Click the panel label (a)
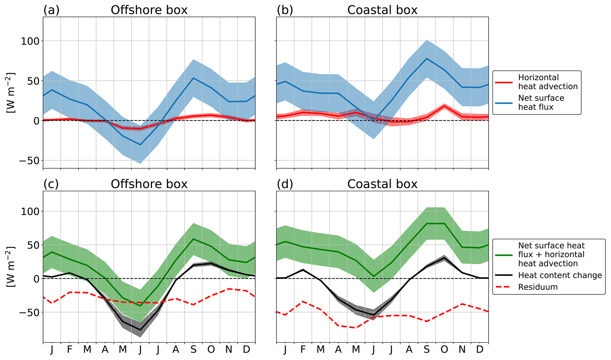[51, 10]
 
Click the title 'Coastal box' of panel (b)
[382, 10]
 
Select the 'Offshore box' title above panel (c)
[149, 184]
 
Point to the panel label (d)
[285, 184]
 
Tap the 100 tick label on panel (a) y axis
[30, 41]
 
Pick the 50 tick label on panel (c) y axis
[33, 245]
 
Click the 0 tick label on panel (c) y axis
[36, 279]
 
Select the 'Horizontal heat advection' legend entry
[548, 82]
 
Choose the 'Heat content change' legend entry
[560, 275]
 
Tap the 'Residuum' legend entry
[538, 287]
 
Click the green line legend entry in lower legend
[551, 254]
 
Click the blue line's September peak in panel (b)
[427, 59]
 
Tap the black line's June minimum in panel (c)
[140, 330]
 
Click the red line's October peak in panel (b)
[444, 106]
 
